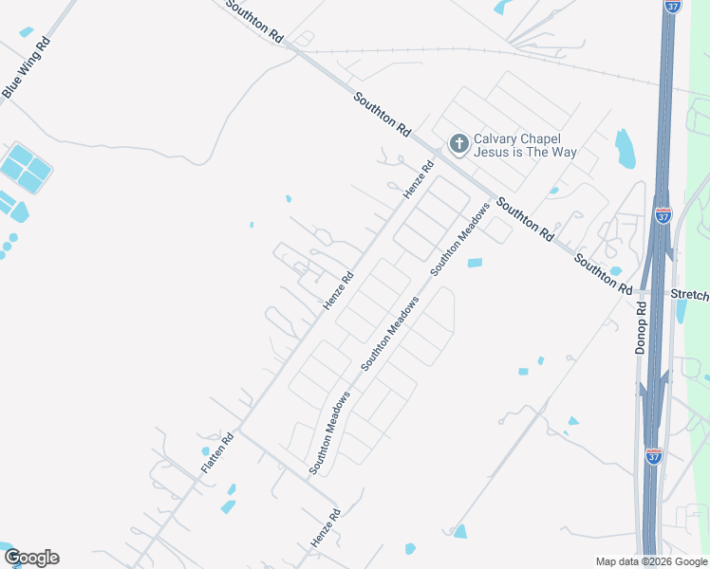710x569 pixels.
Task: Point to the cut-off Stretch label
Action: coord(690,295)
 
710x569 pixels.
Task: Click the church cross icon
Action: coord(458,144)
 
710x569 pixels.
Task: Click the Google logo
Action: coord(31,558)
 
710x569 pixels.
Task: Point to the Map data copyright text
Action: coord(651,561)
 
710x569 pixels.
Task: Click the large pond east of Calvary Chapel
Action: coord(625,149)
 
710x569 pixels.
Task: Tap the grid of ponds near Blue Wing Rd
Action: coord(25,170)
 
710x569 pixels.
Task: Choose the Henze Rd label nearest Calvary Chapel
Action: coord(418,178)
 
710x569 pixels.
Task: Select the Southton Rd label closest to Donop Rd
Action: coord(603,272)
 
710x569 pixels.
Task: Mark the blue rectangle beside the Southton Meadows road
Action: coord(475,263)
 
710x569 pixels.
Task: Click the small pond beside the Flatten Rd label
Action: coord(205,451)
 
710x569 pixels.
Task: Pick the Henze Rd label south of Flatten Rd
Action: coord(325,528)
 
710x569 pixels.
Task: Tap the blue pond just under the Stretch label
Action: coord(680,310)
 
